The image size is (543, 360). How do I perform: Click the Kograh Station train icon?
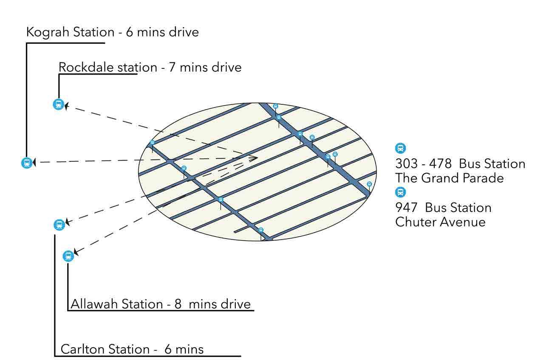[x=27, y=163]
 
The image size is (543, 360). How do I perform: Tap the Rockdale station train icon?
[x=58, y=104]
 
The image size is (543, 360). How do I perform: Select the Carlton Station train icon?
[x=59, y=225]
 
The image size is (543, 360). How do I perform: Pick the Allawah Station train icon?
[x=68, y=256]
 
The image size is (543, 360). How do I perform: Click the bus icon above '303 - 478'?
[x=400, y=148]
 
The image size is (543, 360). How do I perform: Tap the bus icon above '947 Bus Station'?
[x=400, y=192]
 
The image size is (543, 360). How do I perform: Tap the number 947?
[x=406, y=208]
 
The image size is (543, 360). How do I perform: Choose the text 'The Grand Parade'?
[x=449, y=178]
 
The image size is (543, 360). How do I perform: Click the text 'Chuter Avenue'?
[x=440, y=222]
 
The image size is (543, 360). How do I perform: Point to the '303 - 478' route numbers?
[x=423, y=163]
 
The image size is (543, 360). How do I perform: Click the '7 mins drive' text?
[x=205, y=67]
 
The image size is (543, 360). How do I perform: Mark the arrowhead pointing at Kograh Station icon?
[x=34, y=162]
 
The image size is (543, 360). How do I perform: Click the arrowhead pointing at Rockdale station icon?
[x=66, y=105]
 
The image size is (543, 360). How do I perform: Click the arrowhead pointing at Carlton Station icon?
[x=67, y=222]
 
